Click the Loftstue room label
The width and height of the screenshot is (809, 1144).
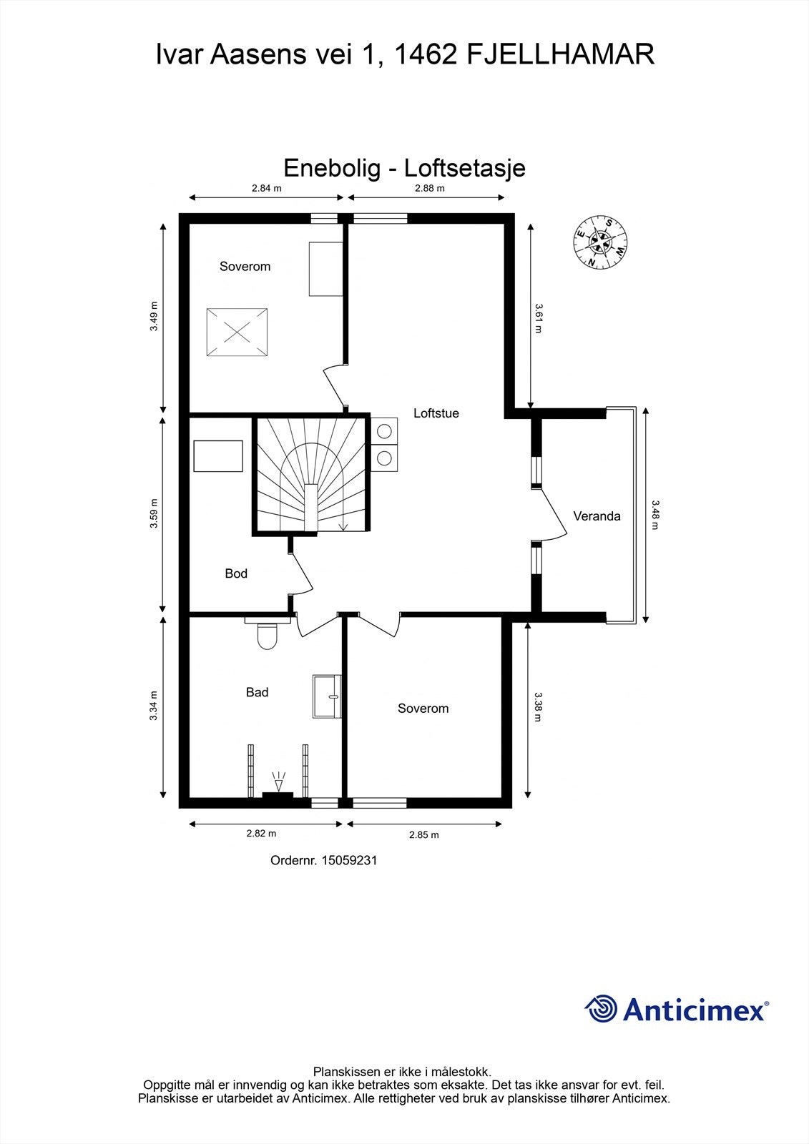436,413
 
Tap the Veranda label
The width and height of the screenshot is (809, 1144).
597,516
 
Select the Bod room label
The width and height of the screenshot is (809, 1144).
236,573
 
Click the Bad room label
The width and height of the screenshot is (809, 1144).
257,692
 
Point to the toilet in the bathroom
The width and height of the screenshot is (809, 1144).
267,635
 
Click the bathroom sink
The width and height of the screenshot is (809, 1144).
328,696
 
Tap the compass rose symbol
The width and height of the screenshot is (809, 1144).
601,243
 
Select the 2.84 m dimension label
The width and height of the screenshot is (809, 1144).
266,189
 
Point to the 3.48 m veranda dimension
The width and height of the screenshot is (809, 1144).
654,515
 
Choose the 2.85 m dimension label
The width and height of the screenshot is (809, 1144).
423,834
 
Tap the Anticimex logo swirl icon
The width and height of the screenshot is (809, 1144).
601,1009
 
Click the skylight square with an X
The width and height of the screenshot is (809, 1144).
237,332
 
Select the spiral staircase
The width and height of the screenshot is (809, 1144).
311,475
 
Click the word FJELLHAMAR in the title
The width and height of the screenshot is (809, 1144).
560,54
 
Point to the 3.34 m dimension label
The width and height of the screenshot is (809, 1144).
154,706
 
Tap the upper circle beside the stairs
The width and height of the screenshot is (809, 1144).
385,431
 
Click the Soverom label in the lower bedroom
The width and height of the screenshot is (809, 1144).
423,709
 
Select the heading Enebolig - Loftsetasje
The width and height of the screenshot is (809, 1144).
404,168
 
